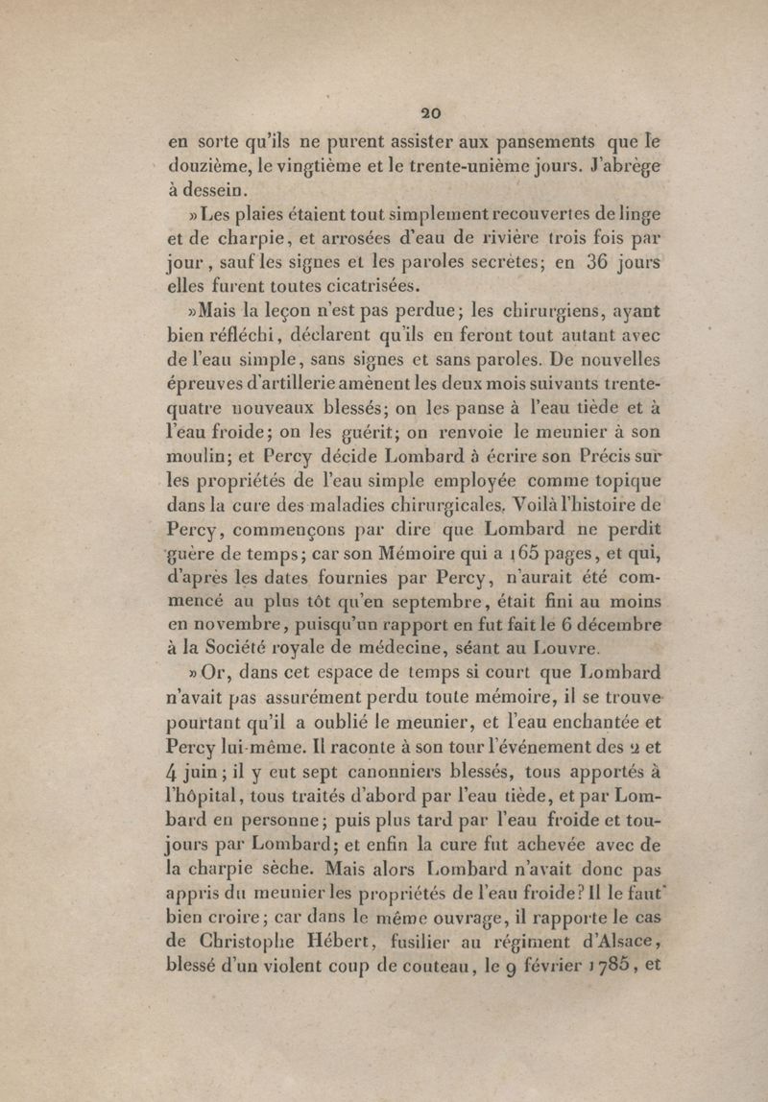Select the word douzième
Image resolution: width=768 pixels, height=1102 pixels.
pyautogui.click(x=203, y=164)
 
